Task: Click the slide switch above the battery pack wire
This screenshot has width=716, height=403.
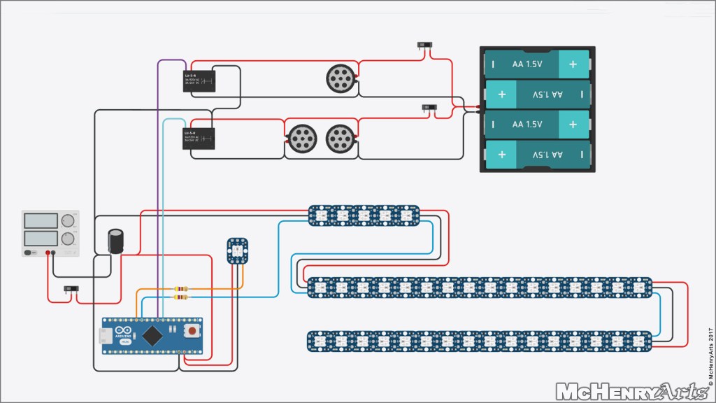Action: [x=424, y=45]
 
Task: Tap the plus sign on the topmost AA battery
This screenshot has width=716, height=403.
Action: [x=573, y=65]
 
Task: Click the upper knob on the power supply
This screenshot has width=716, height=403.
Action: [x=68, y=221]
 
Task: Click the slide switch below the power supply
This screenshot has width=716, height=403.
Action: [x=71, y=288]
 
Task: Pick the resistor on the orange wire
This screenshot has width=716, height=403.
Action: [x=182, y=288]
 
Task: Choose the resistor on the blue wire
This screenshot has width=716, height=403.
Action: [x=182, y=297]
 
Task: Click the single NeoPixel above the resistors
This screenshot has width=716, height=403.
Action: [x=236, y=250]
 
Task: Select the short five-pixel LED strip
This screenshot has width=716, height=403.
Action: [x=364, y=215]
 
